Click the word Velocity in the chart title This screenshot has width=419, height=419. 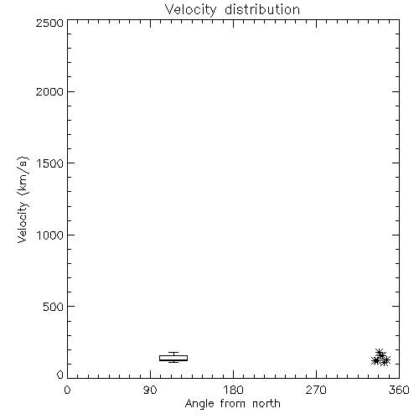tap(191, 10)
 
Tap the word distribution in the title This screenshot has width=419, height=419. tap(262, 9)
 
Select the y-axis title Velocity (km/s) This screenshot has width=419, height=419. tap(23, 199)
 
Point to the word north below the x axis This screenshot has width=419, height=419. tap(266, 403)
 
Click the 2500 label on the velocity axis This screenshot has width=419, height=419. tap(49, 23)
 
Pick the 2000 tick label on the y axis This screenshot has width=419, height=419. tap(49, 91)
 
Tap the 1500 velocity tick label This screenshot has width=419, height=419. tap(50, 163)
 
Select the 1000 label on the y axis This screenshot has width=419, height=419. tap(50, 235)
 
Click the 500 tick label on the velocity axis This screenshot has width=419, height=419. tap(54, 307)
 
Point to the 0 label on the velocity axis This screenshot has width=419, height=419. tap(60, 375)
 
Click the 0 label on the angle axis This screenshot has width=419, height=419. tap(67, 390)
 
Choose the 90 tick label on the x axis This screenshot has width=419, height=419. tap(150, 390)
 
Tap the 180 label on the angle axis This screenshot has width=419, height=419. tap(233, 390)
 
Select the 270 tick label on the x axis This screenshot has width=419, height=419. tap(316, 390)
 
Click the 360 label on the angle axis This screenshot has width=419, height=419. tap(399, 390)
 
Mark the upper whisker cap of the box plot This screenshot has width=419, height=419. tap(173, 352)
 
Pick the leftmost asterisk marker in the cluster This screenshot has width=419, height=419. tap(376, 360)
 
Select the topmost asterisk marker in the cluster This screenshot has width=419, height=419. tap(379, 353)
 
